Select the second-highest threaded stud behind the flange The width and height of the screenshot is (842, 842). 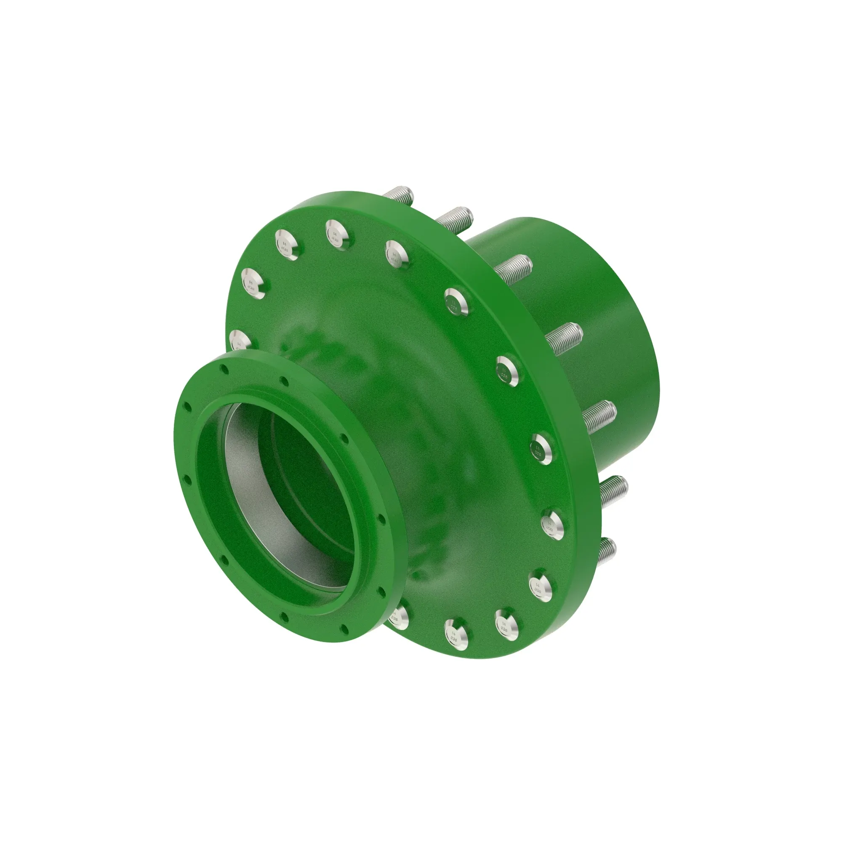point(454,218)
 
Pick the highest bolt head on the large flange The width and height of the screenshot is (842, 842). point(338,233)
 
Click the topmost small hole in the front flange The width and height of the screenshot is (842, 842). point(224,369)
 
